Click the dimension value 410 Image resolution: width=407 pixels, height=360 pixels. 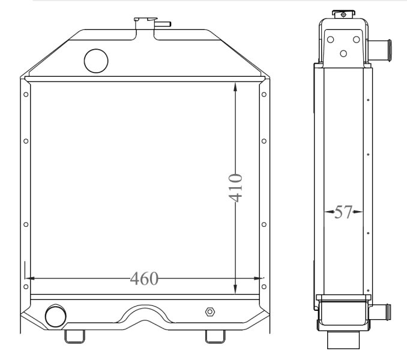pyautogui.click(x=235, y=187)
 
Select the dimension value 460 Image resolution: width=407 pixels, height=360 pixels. pyautogui.click(x=144, y=278)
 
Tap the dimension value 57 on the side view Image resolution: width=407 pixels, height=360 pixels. pyautogui.click(x=343, y=212)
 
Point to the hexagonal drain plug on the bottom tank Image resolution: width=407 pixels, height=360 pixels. pyautogui.click(x=210, y=312)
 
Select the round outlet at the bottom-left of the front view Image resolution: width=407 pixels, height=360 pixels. pyautogui.click(x=55, y=314)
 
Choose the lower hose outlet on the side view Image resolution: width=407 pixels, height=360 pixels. pyautogui.click(x=381, y=312)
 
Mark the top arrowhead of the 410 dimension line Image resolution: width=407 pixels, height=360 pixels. pyautogui.click(x=235, y=85)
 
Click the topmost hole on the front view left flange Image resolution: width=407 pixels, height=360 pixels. pyautogui.click(x=25, y=94)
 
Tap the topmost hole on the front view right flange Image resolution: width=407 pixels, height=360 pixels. pyautogui.click(x=265, y=94)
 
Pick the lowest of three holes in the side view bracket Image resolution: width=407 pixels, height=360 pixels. pyautogui.click(x=343, y=53)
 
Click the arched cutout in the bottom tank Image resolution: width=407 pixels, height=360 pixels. pyautogui.click(x=145, y=315)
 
